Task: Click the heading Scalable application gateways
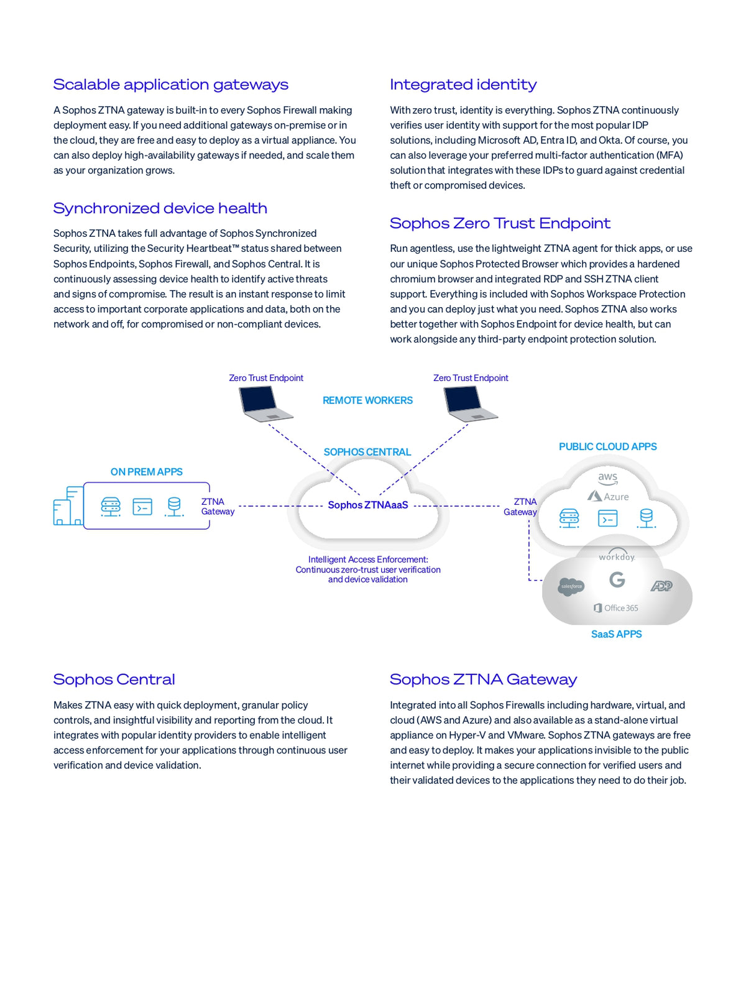[x=171, y=85]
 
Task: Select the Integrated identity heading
[x=463, y=85]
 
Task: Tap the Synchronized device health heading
[x=160, y=208]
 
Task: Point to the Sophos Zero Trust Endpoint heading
[x=500, y=223]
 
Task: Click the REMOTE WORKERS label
[x=367, y=400]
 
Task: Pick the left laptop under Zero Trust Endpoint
[x=265, y=404]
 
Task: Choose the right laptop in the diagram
[x=471, y=404]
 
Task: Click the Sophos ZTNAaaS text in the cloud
[x=368, y=505]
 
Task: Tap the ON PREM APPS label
[x=147, y=472]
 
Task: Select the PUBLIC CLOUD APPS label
[x=607, y=446]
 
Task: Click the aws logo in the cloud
[x=607, y=478]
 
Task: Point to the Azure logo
[x=608, y=497]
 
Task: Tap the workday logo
[x=617, y=555]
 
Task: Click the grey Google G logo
[x=617, y=579]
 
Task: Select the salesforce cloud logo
[x=571, y=587]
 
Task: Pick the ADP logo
[x=661, y=586]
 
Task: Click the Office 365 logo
[x=616, y=608]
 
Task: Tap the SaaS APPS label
[x=616, y=634]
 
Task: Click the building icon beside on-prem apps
[x=68, y=506]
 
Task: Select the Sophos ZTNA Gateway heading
[x=484, y=679]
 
